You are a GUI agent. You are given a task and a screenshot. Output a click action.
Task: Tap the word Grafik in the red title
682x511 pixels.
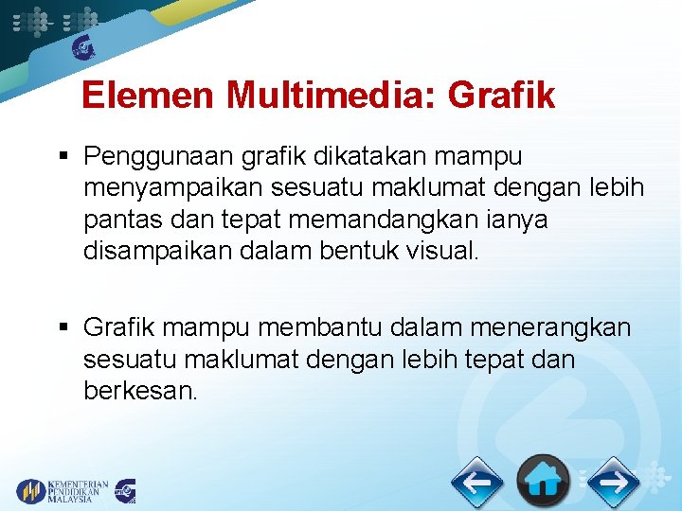(501, 96)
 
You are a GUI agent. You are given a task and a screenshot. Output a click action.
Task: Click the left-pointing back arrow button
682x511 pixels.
(476, 483)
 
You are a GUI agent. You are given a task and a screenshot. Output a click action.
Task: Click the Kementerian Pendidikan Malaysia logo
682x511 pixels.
(62, 490)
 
